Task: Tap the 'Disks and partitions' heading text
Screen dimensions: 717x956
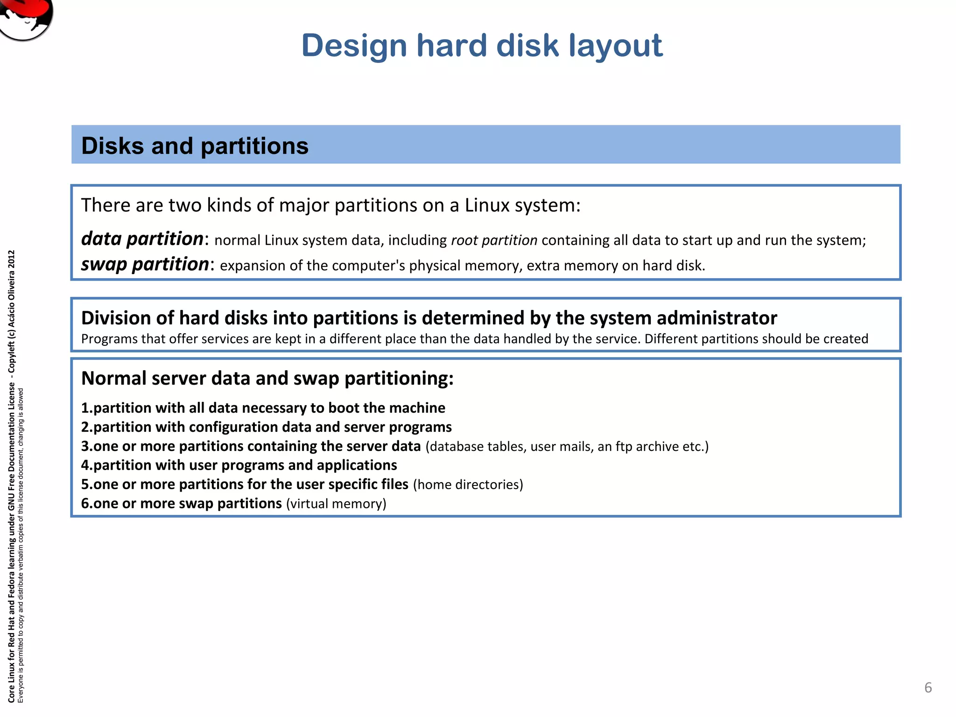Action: tap(195, 146)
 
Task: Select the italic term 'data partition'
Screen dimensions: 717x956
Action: tap(142, 239)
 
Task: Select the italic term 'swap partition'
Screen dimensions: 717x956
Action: tap(145, 264)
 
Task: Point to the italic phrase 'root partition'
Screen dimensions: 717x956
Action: tap(494, 240)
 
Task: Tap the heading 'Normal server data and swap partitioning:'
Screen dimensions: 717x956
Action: tap(267, 378)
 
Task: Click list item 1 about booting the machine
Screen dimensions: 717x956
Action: tap(263, 408)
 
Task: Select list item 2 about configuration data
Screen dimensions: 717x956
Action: tap(266, 427)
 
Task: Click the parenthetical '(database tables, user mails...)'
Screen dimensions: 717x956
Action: tap(567, 447)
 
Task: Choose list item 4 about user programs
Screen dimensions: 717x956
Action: tap(239, 465)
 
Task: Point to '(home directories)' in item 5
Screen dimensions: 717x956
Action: tap(468, 485)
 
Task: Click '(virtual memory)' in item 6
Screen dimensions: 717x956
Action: tap(336, 504)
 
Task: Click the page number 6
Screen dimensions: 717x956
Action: tap(928, 688)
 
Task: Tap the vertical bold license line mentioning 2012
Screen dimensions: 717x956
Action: tap(12, 476)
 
